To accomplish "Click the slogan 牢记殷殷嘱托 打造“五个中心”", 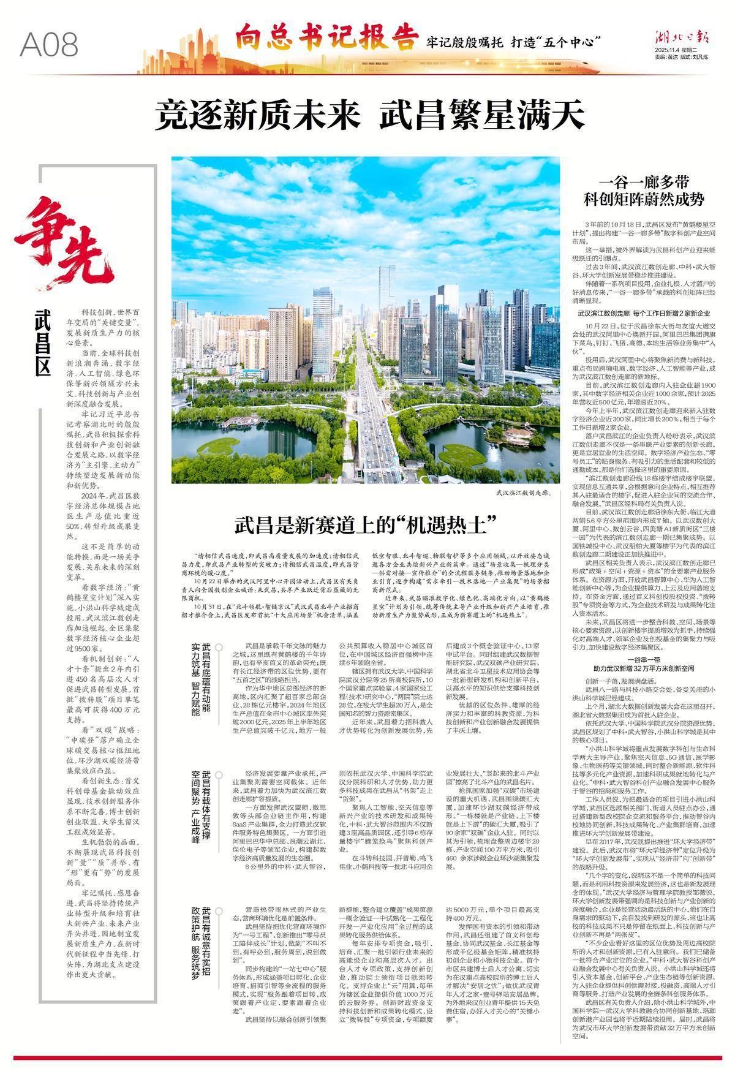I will tap(512, 43).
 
